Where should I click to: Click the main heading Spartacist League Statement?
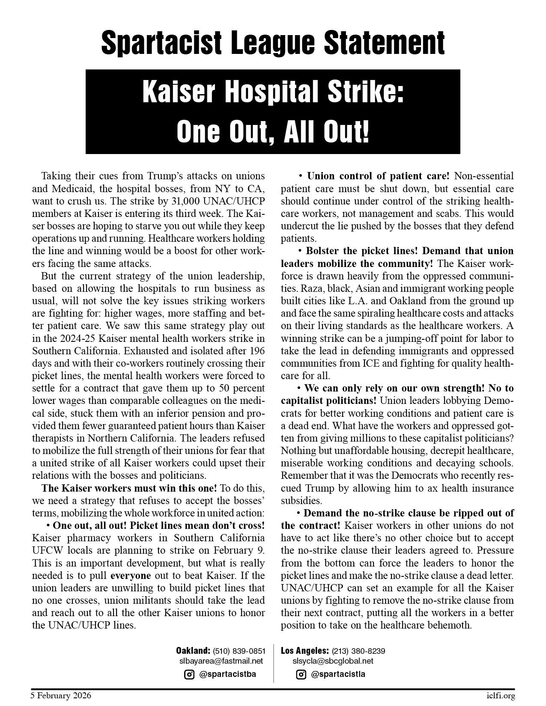[x=273, y=43]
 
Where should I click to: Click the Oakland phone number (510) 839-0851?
[x=239, y=651]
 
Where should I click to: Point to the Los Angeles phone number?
[x=358, y=651]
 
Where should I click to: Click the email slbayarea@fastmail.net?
[x=221, y=661]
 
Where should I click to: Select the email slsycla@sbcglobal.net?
[x=333, y=661]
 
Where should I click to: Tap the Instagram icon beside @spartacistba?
[x=189, y=675]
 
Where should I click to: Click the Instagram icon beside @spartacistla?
[x=301, y=675]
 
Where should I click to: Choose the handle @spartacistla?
[x=338, y=674]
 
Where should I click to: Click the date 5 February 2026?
[x=61, y=696]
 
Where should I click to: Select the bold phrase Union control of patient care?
[x=379, y=176]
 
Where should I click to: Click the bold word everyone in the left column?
[x=131, y=575]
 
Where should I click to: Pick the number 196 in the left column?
[x=256, y=351]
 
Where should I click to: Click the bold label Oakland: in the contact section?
[x=193, y=651]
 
